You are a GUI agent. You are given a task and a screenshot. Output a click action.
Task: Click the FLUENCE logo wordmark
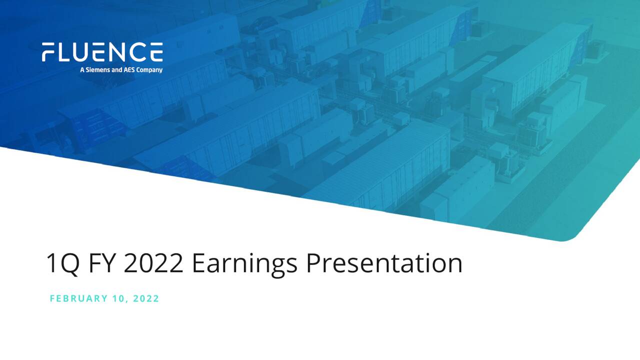click(x=102, y=52)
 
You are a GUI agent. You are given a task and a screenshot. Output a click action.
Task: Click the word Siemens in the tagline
click(x=96, y=70)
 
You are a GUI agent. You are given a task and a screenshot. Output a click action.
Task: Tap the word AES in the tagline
click(x=129, y=70)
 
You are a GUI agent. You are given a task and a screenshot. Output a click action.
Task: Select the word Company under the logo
click(x=150, y=70)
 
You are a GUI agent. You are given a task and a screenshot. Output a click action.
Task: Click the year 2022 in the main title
click(x=153, y=263)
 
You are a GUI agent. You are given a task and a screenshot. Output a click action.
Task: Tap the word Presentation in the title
click(x=383, y=263)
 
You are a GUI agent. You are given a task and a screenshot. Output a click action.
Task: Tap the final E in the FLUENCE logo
click(x=156, y=52)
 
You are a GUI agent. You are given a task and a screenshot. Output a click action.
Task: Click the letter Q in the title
click(x=69, y=264)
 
